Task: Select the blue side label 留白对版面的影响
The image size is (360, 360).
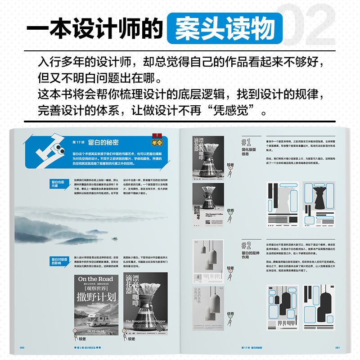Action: [x=59, y=261]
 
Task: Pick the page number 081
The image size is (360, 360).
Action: [x=337, y=347]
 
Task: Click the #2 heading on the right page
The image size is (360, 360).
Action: [x=246, y=245]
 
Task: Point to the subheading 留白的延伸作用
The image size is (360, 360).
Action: [x=248, y=255]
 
